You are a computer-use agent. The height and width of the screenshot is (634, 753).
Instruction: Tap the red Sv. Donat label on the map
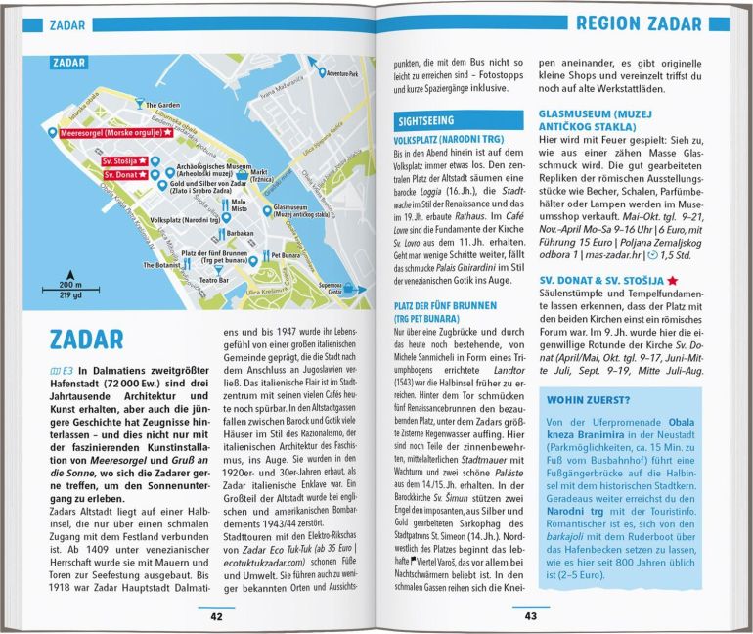pyautogui.click(x=122, y=175)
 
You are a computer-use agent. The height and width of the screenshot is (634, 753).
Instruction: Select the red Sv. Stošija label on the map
pyautogui.click(x=124, y=160)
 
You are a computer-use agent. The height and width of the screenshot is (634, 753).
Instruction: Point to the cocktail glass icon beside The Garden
pyautogui.click(x=139, y=104)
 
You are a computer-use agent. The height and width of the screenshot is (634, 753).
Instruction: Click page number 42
pyautogui.click(x=216, y=616)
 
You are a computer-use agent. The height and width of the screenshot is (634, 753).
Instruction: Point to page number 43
pyautogui.click(x=531, y=616)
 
